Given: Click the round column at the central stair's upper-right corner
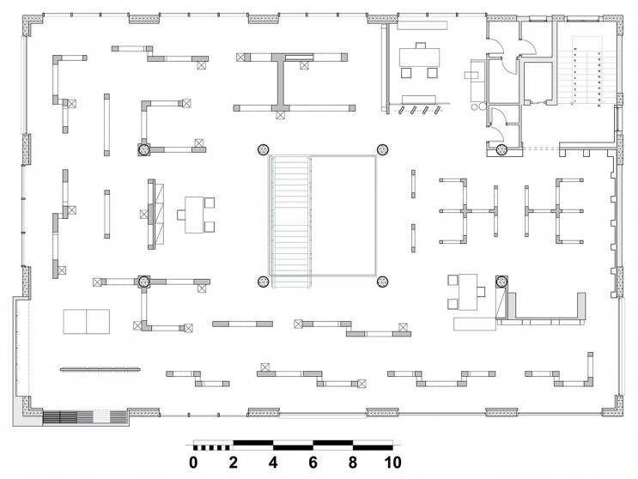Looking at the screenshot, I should tap(383, 149).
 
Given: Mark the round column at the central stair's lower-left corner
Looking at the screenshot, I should tap(263, 281).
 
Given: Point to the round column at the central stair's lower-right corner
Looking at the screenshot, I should tap(383, 281).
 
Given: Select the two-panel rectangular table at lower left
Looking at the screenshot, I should tap(87, 321).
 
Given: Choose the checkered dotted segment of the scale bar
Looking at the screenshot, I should tap(214, 445).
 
